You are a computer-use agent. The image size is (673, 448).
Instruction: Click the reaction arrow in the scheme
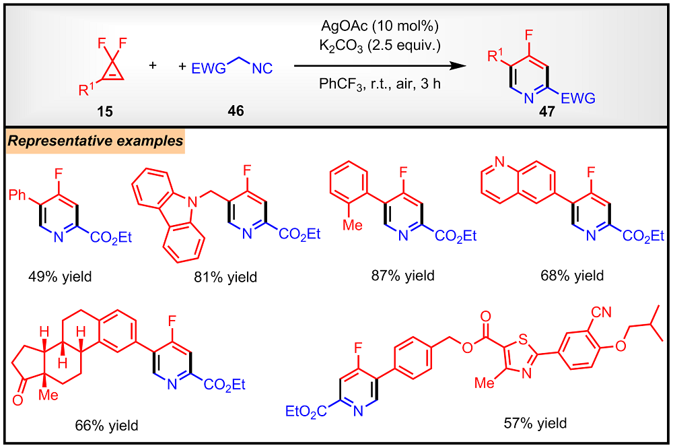pos(380,67)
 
